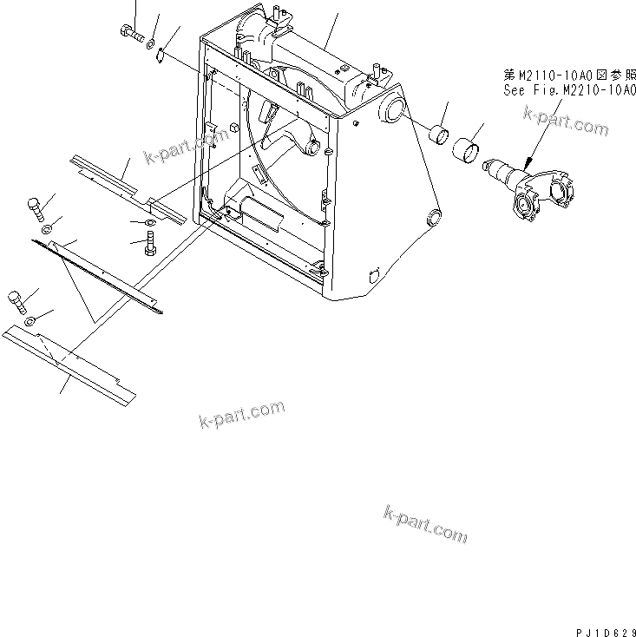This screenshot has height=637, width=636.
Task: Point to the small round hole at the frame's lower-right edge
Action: click(432, 216)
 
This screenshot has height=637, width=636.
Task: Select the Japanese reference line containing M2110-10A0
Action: click(564, 75)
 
